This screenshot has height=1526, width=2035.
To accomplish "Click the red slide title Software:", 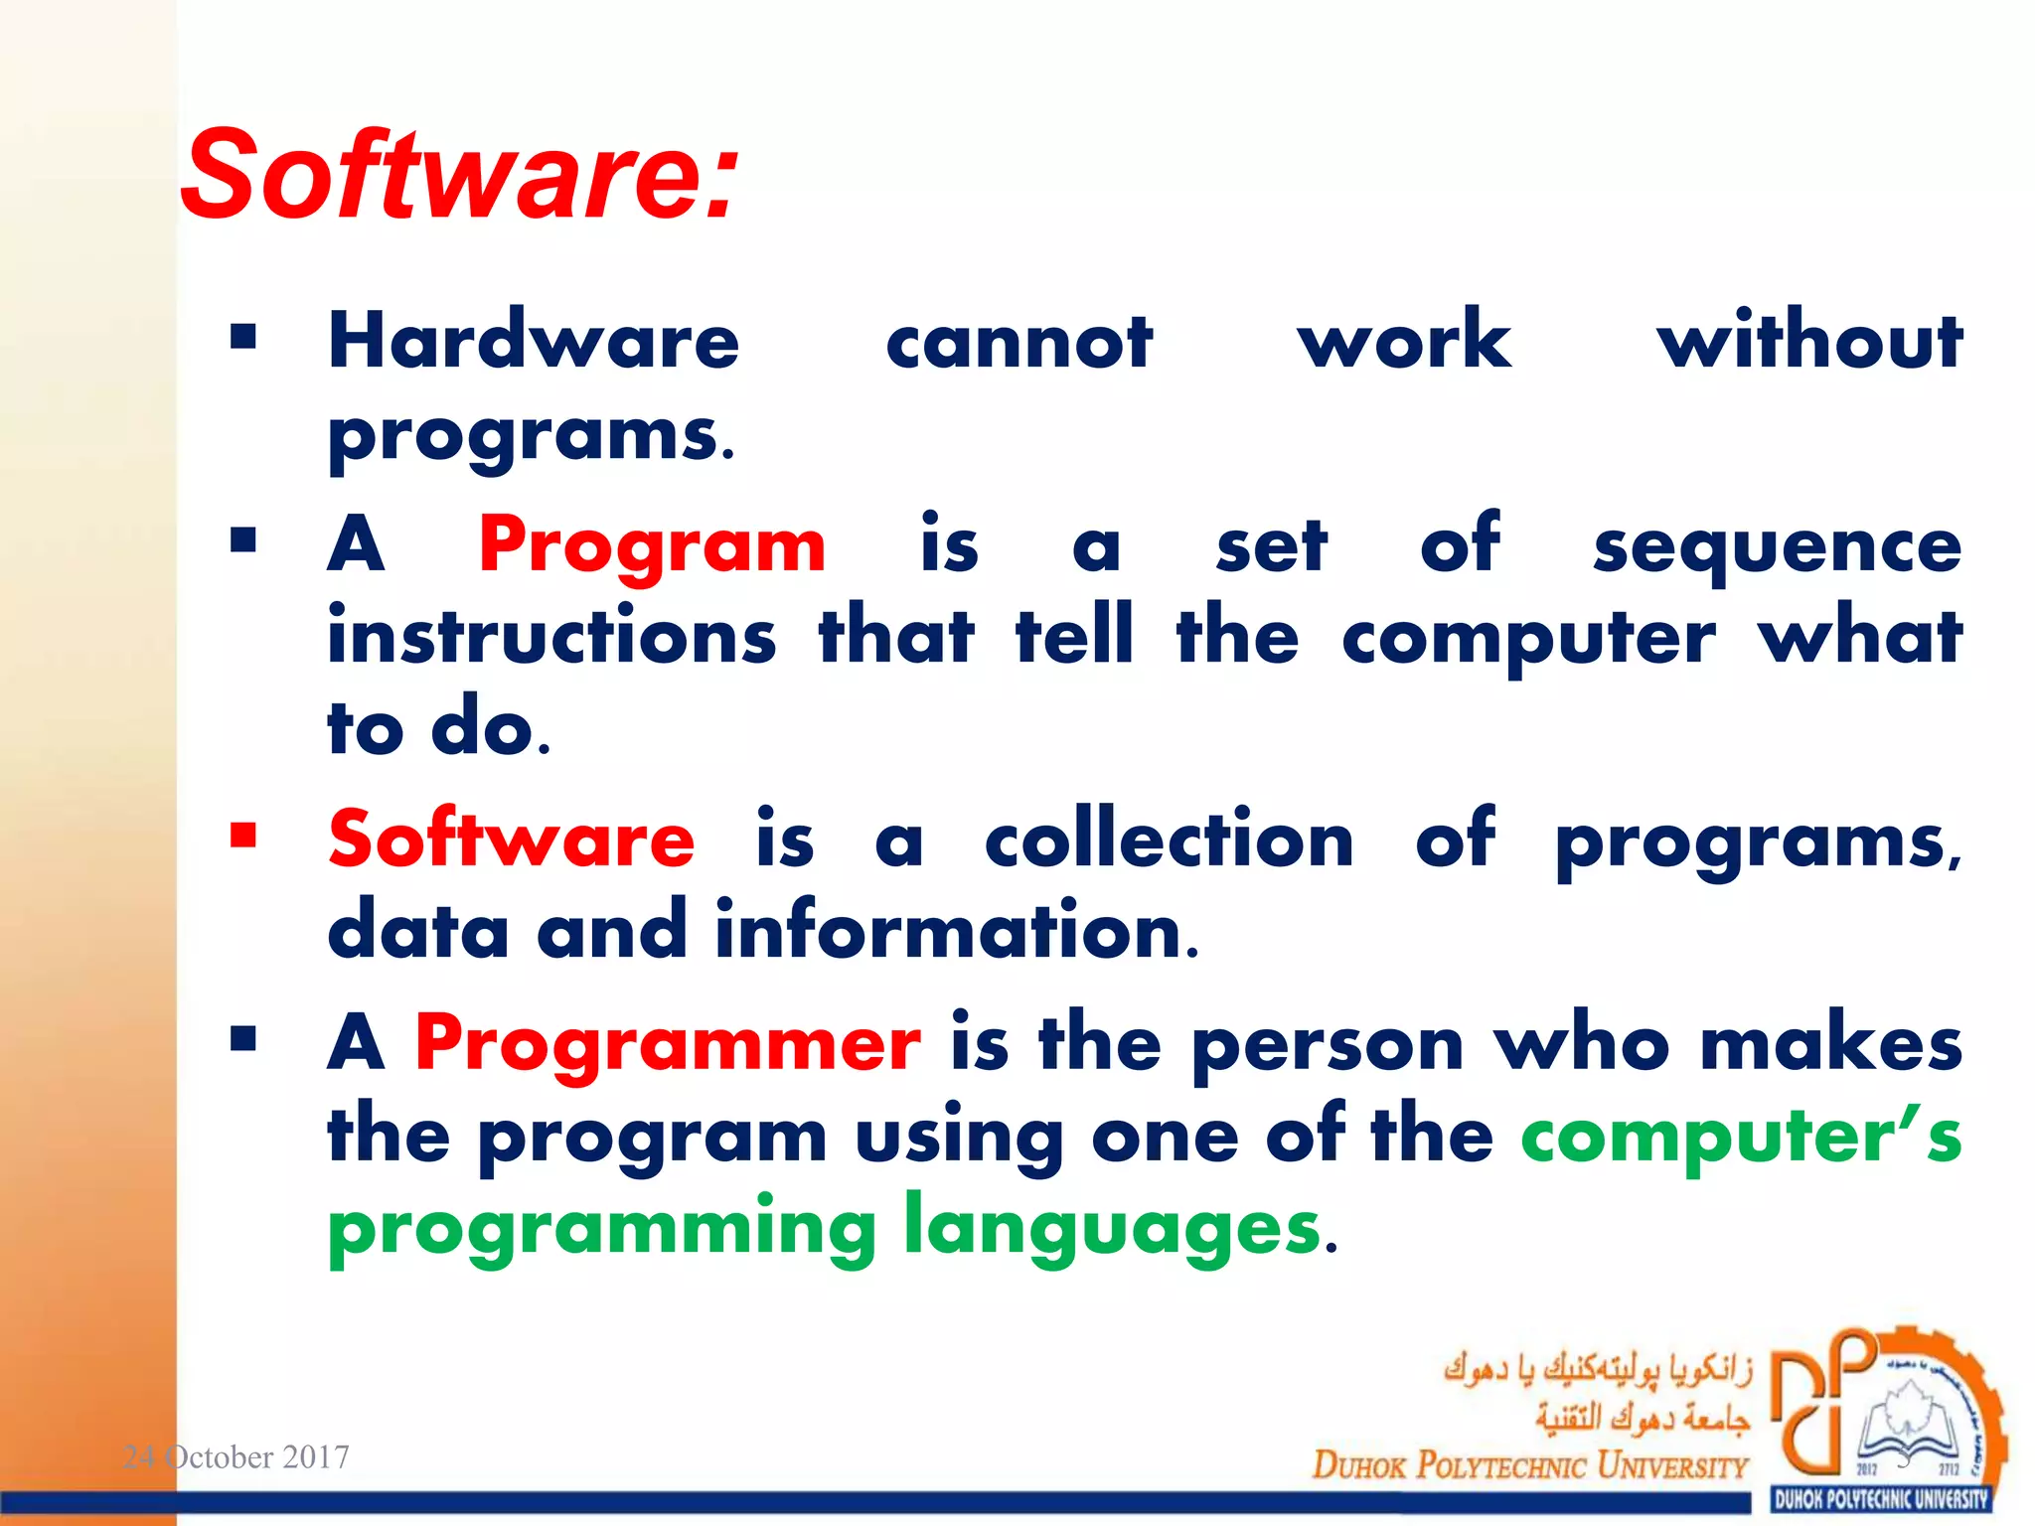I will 459,176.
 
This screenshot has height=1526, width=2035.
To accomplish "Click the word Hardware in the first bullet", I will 534,341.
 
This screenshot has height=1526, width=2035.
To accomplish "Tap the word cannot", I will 1018,343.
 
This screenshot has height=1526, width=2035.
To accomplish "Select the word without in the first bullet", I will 1808,341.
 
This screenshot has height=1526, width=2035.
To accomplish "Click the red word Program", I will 651,547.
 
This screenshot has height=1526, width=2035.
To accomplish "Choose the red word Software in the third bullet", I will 511,839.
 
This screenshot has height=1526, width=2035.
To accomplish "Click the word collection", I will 1169,839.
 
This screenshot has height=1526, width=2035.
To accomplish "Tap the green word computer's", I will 1741,1138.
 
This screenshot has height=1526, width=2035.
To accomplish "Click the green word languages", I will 1112,1229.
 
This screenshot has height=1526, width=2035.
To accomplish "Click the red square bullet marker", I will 243,836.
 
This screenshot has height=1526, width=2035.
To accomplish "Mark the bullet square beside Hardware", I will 243,338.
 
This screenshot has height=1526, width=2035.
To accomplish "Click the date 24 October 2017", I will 235,1456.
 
